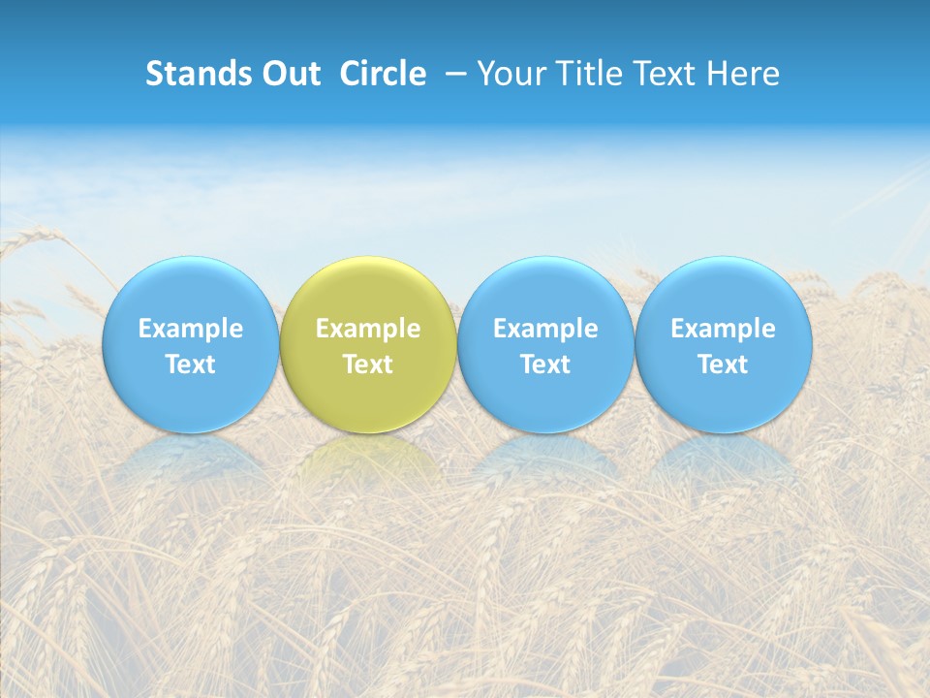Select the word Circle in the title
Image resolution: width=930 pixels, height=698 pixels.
click(x=383, y=74)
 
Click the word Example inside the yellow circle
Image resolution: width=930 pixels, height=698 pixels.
click(x=368, y=329)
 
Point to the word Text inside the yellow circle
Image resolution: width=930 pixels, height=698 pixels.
click(x=368, y=365)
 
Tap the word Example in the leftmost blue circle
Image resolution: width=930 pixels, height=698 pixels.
click(x=190, y=329)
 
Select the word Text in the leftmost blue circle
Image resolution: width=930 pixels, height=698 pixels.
click(x=190, y=365)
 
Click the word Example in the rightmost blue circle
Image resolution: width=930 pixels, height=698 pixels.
click(x=724, y=329)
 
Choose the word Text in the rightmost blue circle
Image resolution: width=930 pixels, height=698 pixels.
click(x=724, y=365)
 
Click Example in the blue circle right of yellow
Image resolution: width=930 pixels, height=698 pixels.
click(x=545, y=329)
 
